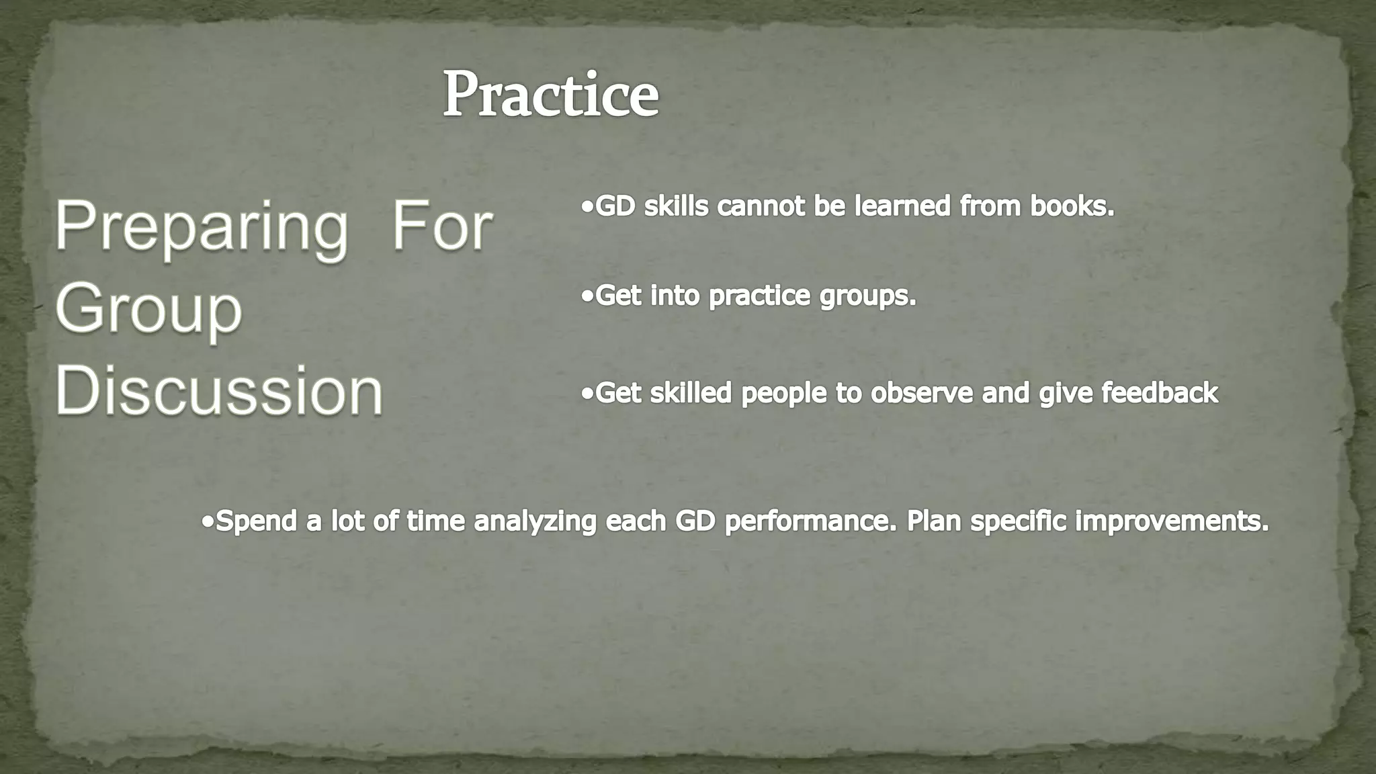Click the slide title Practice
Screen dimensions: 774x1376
550,95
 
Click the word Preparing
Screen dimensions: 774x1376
201,228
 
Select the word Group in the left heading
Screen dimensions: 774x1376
148,310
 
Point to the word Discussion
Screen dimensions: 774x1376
219,391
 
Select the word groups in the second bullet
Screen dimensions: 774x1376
867,296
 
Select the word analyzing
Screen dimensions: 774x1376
535,521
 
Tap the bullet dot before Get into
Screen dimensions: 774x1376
588,296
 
